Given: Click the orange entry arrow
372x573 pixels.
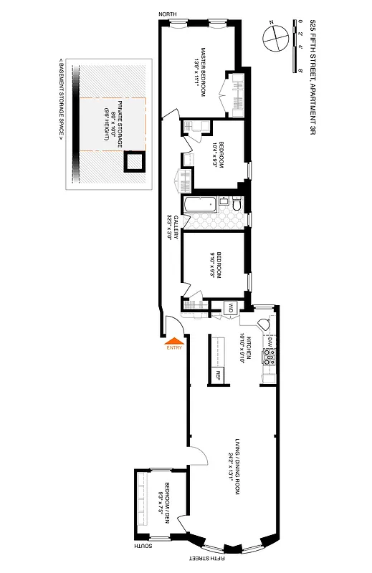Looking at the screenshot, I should pyautogui.click(x=173, y=341).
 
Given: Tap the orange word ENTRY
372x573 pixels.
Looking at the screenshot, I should pyautogui.click(x=174, y=349).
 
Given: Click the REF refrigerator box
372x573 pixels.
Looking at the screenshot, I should pyautogui.click(x=219, y=373).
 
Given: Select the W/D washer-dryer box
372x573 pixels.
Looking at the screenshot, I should pyautogui.click(x=231, y=308).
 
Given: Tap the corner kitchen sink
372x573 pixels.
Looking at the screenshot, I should pyautogui.click(x=265, y=324).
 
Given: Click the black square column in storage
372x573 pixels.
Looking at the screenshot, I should pyautogui.click(x=133, y=162).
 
